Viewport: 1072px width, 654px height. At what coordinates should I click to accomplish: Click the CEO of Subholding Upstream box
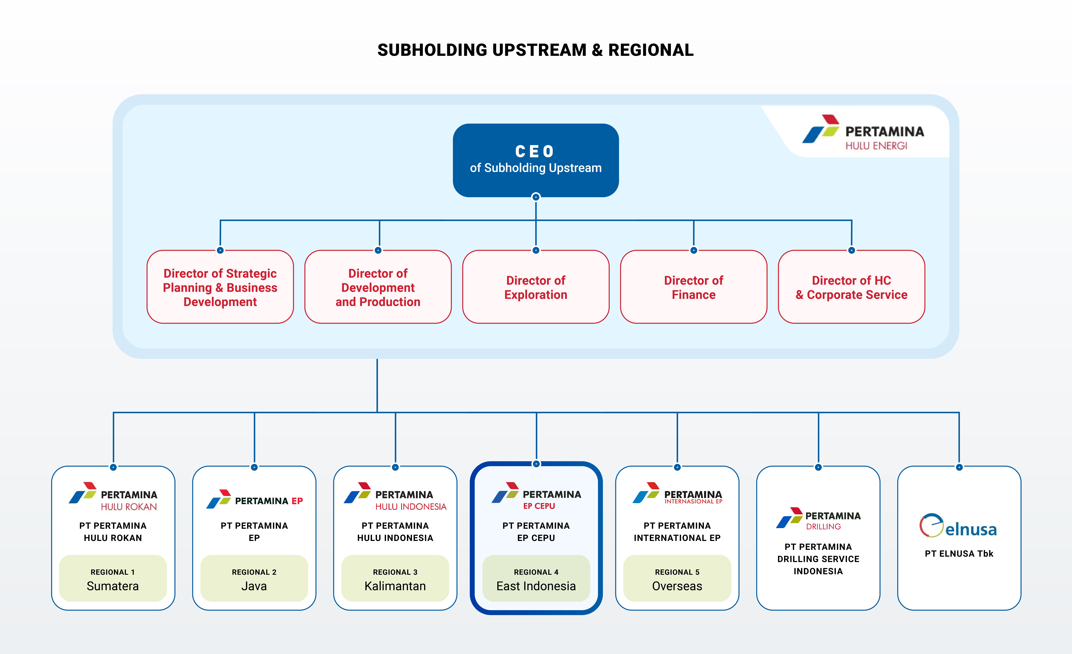[x=536, y=160]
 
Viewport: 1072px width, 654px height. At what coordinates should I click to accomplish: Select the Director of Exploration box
[x=536, y=287]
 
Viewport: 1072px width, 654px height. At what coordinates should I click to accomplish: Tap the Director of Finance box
[x=694, y=287]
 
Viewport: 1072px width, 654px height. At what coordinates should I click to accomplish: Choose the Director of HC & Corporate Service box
[x=851, y=287]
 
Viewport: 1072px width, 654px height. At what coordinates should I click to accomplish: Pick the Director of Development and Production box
[x=378, y=287]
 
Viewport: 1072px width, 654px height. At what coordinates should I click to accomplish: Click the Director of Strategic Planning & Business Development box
[x=220, y=287]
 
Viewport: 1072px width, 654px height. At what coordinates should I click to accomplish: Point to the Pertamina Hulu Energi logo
[x=863, y=132]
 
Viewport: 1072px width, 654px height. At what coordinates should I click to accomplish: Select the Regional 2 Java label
[x=254, y=579]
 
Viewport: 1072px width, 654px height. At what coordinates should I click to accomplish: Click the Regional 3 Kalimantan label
[x=395, y=579]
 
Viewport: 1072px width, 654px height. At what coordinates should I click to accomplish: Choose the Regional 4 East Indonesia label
[x=536, y=579]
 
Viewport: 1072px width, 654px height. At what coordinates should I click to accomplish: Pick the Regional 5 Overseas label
[x=677, y=579]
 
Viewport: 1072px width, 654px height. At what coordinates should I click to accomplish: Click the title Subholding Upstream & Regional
[x=536, y=50]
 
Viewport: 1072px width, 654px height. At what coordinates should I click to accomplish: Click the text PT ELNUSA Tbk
[x=959, y=553]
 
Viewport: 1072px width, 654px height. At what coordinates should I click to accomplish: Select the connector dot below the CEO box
[x=536, y=197]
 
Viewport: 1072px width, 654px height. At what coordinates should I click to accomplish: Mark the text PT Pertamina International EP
[x=677, y=532]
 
